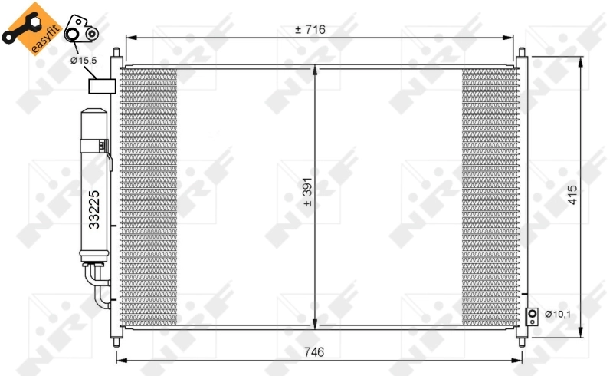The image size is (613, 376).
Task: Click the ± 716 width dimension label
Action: tap(310, 29)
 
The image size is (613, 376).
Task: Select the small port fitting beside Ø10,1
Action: tap(531, 314)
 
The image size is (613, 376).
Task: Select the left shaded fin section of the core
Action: tap(149, 196)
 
